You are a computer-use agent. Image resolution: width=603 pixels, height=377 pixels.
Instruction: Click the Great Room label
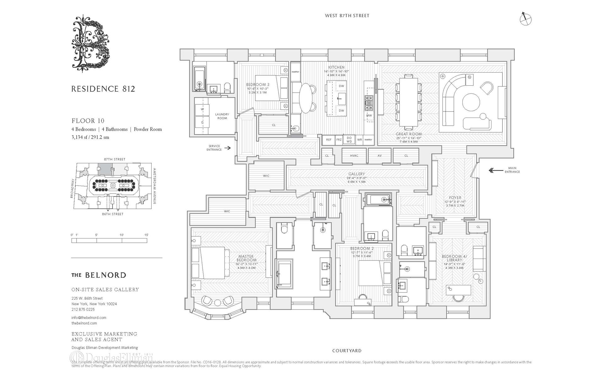409,134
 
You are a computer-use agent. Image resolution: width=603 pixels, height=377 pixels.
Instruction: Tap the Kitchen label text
336,67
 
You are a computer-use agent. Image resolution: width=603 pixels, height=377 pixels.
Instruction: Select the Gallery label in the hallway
356,174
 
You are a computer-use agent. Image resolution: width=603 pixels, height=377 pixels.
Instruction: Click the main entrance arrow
496,170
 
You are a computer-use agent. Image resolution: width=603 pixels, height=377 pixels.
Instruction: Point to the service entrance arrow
228,148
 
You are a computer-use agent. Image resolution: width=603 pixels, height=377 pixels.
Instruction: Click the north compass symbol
525,19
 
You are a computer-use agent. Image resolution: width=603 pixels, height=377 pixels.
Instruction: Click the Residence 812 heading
103,89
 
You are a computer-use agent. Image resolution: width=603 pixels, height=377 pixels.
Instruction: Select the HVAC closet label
354,156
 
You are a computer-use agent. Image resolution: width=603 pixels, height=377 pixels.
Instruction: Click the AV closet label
379,156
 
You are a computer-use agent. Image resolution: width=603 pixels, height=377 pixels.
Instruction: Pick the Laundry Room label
222,116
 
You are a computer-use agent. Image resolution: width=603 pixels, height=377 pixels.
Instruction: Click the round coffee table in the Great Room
471,102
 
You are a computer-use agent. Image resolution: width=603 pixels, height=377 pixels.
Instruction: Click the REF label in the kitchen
329,140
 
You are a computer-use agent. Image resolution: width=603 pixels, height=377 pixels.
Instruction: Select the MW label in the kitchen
369,115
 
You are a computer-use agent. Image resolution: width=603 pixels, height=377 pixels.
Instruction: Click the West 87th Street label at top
347,15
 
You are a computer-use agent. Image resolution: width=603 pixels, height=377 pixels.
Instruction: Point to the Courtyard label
347,351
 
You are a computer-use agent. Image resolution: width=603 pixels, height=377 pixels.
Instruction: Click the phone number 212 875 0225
83,309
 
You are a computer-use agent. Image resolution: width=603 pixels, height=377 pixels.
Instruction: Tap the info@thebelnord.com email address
89,318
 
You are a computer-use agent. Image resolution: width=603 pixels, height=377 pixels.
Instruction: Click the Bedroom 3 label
258,85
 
